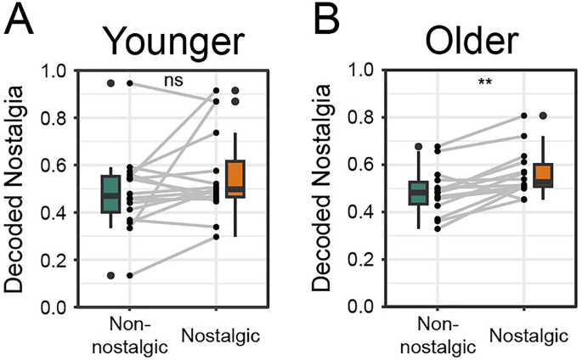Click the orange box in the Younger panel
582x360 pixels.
(235, 178)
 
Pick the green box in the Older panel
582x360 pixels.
(417, 192)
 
